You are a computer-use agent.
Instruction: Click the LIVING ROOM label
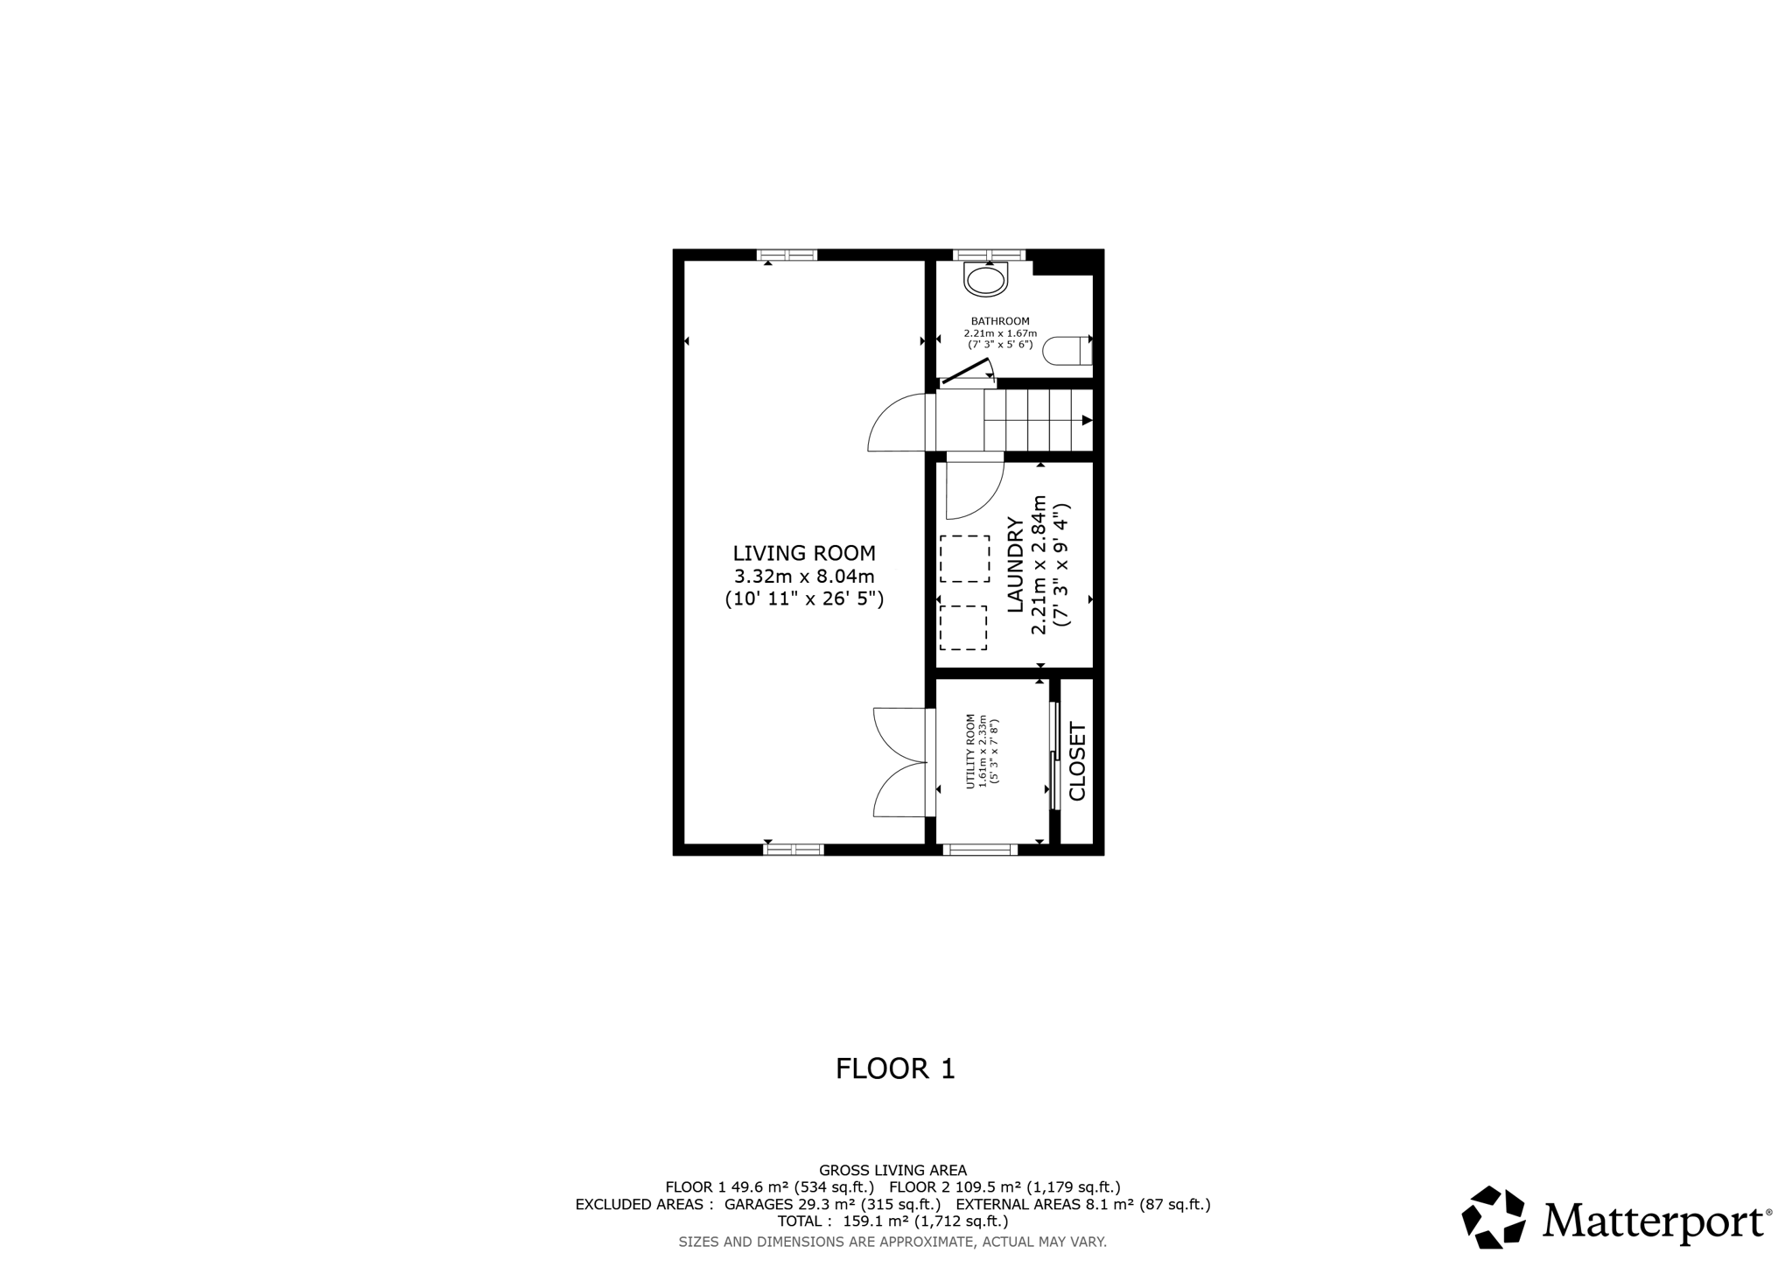803,553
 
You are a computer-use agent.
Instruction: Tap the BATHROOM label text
1000,321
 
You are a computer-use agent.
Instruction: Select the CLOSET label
1077,761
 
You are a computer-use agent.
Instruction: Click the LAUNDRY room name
1016,564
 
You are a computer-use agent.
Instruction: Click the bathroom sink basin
986,281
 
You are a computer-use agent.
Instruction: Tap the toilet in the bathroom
1067,350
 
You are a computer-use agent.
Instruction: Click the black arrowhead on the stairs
1087,421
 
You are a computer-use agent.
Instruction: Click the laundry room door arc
976,490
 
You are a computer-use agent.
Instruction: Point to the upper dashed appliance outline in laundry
964,559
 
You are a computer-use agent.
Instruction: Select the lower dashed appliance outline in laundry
962,627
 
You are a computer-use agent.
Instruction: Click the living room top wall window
787,255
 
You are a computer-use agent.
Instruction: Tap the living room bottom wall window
793,849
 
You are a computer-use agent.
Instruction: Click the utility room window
980,849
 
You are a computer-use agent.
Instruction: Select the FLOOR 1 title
895,1068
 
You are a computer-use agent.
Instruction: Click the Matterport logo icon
1493,1217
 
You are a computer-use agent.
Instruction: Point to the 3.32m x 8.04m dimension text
803,577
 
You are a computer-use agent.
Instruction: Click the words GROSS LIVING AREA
892,1170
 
